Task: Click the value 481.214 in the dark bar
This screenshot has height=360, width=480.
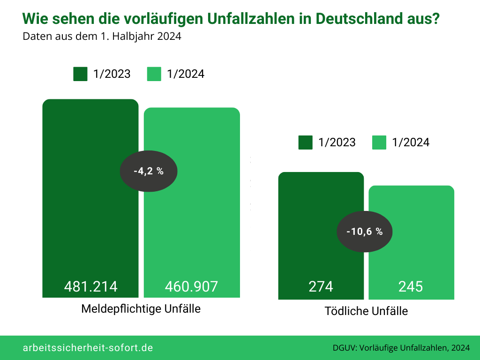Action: pyautogui.click(x=90, y=286)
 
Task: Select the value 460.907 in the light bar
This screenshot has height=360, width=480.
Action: pyautogui.click(x=192, y=286)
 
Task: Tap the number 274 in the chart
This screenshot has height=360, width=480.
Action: pyautogui.click(x=321, y=286)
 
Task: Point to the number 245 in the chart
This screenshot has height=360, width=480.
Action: pyautogui.click(x=411, y=286)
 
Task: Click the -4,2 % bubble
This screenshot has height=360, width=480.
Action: pyautogui.click(x=149, y=171)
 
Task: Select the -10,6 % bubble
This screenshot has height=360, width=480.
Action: pyautogui.click(x=365, y=232)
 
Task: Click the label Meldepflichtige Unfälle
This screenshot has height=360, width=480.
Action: pyautogui.click(x=141, y=309)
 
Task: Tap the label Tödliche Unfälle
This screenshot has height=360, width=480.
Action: pyautogui.click(x=366, y=311)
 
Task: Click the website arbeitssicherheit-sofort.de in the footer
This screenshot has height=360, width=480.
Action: pyautogui.click(x=88, y=348)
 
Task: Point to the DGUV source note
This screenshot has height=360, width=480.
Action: pyautogui.click(x=401, y=348)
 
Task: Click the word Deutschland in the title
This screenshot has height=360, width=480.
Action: pyautogui.click(x=359, y=19)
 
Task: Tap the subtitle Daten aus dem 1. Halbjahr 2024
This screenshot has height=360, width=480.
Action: pyautogui.click(x=102, y=37)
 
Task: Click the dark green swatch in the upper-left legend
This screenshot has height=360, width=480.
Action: pyautogui.click(x=80, y=74)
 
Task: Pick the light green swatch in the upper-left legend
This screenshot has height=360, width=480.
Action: pyautogui.click(x=154, y=74)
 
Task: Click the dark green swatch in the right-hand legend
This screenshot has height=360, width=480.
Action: pyautogui.click(x=305, y=142)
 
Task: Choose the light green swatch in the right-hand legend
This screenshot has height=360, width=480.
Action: pyautogui.click(x=379, y=142)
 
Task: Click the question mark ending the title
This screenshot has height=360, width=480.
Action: pyautogui.click(x=436, y=19)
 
